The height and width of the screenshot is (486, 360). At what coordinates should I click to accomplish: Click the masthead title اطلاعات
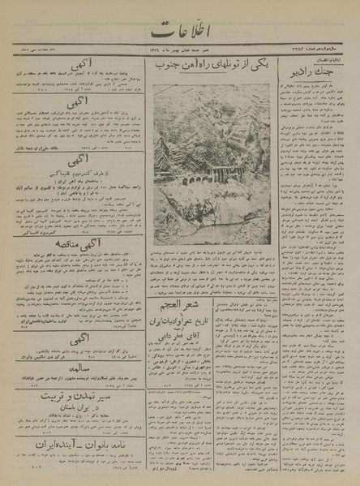pyautogui.click(x=180, y=35)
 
